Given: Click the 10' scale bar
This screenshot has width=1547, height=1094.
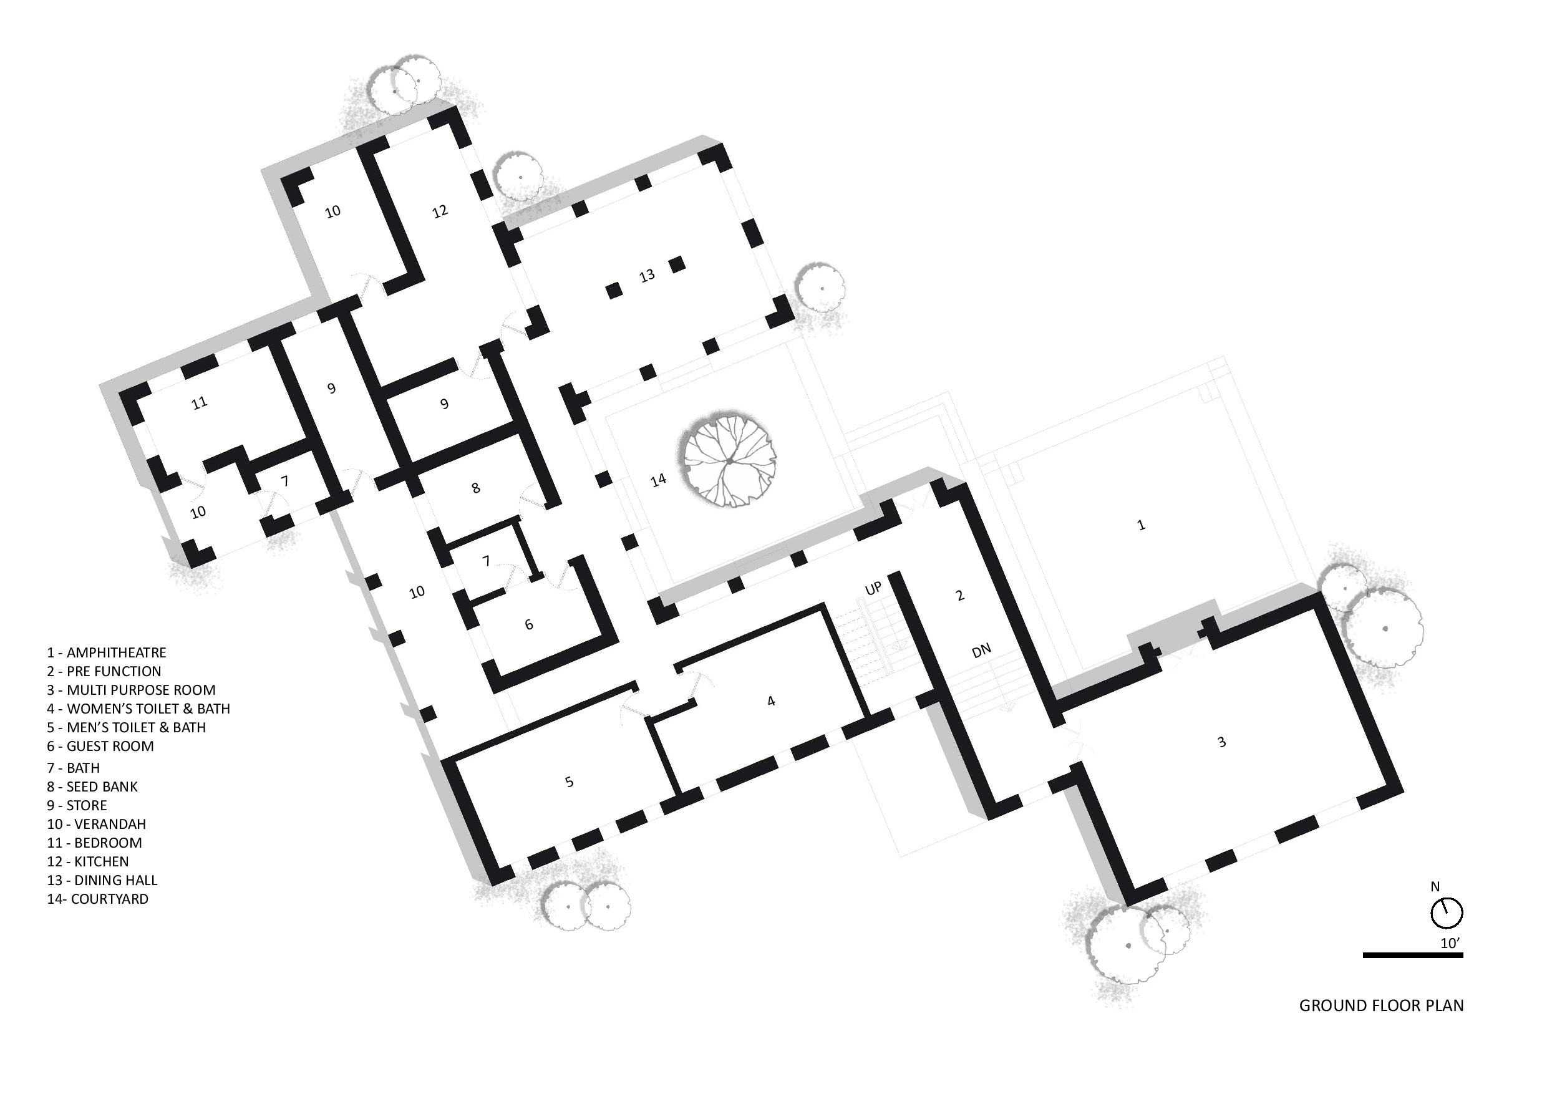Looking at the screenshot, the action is pyautogui.click(x=1412, y=956).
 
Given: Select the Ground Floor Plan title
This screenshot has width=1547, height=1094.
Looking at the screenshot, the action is pyautogui.click(x=1381, y=1025).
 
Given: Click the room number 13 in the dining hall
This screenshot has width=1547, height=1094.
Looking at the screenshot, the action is pyautogui.click(x=647, y=276).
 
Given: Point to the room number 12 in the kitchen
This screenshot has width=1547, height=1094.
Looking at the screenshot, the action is pyautogui.click(x=440, y=211).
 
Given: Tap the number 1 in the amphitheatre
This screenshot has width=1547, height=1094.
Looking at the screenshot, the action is pyautogui.click(x=1142, y=524).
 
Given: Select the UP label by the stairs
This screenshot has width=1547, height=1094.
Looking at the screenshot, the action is pyautogui.click(x=873, y=589).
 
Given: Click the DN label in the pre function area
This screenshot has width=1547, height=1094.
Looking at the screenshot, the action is pyautogui.click(x=982, y=650).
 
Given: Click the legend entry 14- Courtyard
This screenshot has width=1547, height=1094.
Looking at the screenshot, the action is pyautogui.click(x=98, y=899).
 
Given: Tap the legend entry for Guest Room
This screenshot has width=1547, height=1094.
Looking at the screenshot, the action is pyautogui.click(x=100, y=746).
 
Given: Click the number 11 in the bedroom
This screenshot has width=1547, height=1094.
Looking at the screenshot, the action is pyautogui.click(x=200, y=404).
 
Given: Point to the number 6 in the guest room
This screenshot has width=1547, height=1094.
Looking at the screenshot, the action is pyautogui.click(x=529, y=624).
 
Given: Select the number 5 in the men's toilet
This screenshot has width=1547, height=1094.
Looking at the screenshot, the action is pyautogui.click(x=570, y=782).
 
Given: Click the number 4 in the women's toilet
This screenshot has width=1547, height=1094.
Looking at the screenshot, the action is pyautogui.click(x=772, y=700).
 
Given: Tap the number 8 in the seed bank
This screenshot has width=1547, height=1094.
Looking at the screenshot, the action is pyautogui.click(x=476, y=488).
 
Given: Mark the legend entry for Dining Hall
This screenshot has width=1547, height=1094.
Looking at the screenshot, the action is pyautogui.click(x=102, y=880).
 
